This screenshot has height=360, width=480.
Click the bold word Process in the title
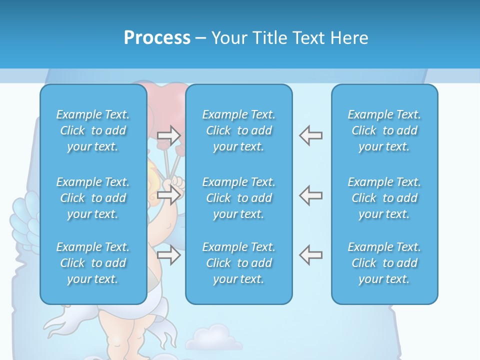tap(157, 38)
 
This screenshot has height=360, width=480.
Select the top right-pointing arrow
tap(168, 135)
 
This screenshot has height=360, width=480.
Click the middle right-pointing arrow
tap(168, 195)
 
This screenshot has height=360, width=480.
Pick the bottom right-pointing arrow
tap(168, 255)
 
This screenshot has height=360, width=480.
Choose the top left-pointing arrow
tap(310, 135)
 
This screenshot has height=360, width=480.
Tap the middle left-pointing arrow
tap(310, 195)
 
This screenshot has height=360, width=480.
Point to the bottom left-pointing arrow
tap(310, 255)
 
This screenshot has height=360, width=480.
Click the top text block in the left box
tap(93, 130)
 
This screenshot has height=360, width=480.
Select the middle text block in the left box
tap(93, 198)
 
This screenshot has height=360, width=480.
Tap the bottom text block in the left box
tap(93, 263)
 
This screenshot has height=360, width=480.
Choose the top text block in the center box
tap(239, 130)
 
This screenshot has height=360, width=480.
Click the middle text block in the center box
tap(239, 198)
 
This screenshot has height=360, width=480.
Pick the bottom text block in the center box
tap(239, 263)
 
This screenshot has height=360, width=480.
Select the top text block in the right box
tap(384, 130)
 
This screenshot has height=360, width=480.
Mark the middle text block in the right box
tap(384, 198)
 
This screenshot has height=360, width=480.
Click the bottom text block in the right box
tap(384, 263)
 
